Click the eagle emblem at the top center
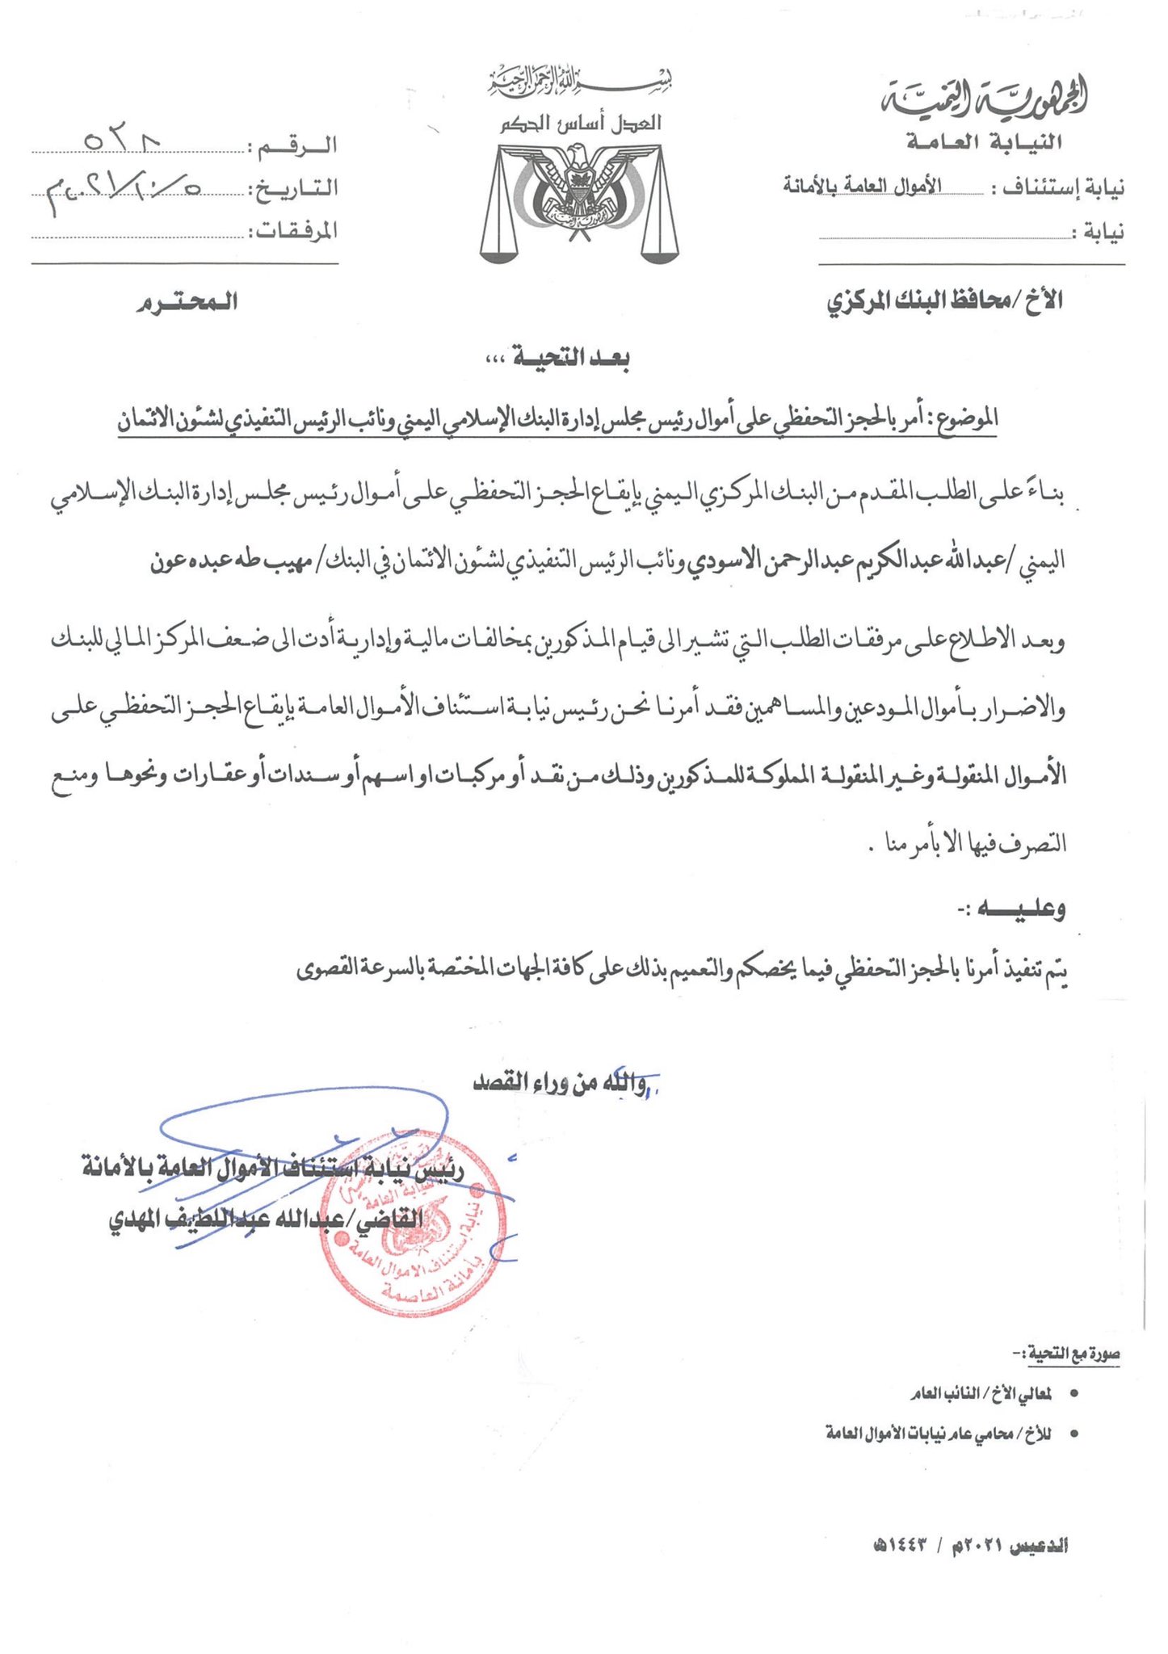pyautogui.click(x=579, y=198)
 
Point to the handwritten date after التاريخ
pyautogui.click(x=121, y=189)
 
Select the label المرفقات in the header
pyautogui.click(x=292, y=232)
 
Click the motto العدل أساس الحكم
pyautogui.click(x=580, y=124)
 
